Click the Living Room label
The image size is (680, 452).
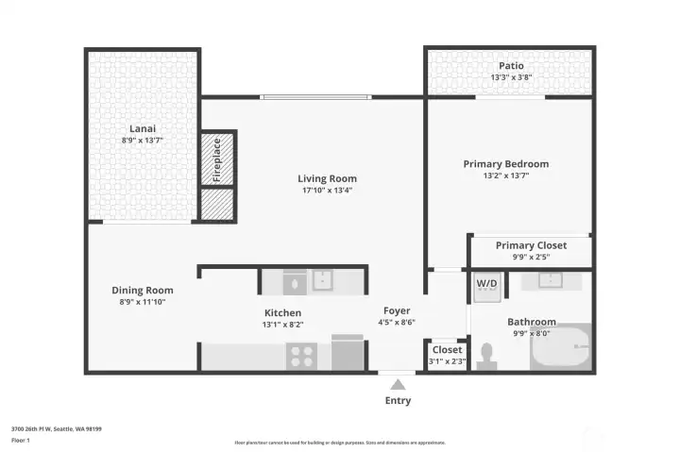pos(327,178)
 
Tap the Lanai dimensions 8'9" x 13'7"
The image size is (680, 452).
pos(144,141)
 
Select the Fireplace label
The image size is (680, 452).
pos(216,159)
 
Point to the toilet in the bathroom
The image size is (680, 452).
pos(488,356)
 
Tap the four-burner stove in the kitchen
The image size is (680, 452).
pos(301,355)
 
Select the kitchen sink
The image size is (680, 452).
pos(322,280)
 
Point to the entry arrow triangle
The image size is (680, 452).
pos(398,384)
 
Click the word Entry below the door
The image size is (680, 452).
pos(398,401)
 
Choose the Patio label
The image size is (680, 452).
pos(512,66)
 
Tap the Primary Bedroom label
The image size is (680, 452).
pos(505,163)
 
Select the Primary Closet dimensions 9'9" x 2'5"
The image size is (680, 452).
pos(530,257)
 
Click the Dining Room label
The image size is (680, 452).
pos(143,290)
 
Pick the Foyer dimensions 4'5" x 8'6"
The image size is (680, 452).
pos(397,322)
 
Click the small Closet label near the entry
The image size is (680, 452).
pos(447,349)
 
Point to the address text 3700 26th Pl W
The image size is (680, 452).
pos(56,428)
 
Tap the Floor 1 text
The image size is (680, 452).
pos(21,440)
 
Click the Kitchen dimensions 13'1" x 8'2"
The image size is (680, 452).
pos(282,325)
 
